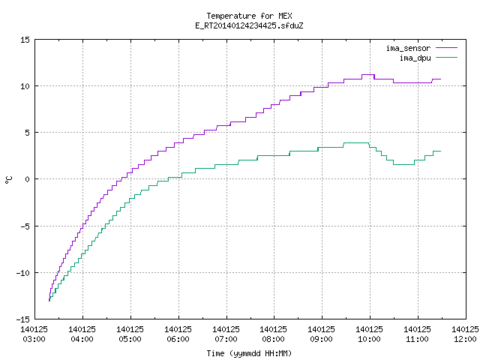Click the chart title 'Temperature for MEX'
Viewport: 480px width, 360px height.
[249, 16]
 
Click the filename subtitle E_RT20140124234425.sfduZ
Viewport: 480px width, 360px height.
[249, 25]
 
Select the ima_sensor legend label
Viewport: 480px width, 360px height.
[408, 48]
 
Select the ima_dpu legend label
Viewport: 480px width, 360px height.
[415, 58]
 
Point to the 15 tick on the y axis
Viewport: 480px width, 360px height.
[25, 40]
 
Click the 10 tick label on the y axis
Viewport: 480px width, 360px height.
[25, 86]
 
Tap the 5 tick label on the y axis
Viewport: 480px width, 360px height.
[27, 133]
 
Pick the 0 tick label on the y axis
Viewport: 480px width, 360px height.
[27, 179]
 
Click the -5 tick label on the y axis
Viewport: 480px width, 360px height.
[25, 226]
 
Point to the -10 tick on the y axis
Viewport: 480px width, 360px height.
[23, 273]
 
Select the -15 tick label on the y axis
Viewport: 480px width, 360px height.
[23, 319]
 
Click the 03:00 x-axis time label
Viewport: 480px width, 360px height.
[34, 339]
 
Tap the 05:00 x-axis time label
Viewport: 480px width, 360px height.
[130, 339]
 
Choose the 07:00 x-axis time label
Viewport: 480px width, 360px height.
[226, 339]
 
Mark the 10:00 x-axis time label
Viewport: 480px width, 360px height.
[369, 339]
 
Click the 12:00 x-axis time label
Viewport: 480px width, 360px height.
[465, 339]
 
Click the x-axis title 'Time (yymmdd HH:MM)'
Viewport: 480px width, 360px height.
[249, 353]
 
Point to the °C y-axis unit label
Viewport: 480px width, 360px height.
[8, 180]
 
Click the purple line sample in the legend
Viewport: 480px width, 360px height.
[446, 48]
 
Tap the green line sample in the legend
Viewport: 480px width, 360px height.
[446, 57]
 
